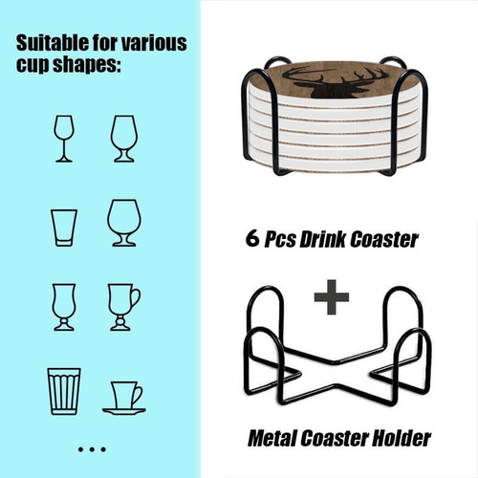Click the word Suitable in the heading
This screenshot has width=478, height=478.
point(53,43)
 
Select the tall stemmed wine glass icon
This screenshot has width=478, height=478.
point(64,139)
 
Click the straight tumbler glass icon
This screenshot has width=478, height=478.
point(64,228)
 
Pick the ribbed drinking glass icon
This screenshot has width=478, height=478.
point(64,391)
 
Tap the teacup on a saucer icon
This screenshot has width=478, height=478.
point(124,398)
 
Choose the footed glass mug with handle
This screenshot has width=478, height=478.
point(124,307)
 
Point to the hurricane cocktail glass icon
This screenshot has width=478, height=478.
point(64,307)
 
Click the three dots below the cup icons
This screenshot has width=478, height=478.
point(92,449)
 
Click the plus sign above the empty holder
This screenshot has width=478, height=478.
point(332,297)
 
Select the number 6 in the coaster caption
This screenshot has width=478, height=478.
point(252,238)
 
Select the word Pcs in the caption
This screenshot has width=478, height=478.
point(280,239)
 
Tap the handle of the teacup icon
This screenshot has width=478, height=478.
point(138,395)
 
